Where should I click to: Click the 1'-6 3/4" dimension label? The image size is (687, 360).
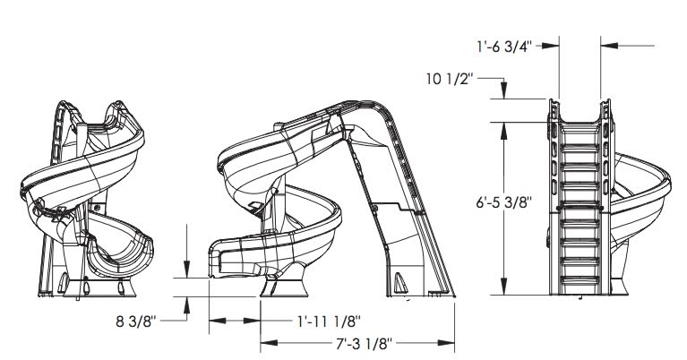pyautogui.click(x=504, y=47)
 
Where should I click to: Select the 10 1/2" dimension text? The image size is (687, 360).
pyautogui.click(x=450, y=79)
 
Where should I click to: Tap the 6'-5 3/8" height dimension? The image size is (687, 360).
pyautogui.click(x=504, y=202)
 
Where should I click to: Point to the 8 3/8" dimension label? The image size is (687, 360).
pyautogui.click(x=136, y=321)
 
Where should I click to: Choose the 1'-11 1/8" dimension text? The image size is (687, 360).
pyautogui.click(x=329, y=321)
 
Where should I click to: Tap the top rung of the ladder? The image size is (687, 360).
pyautogui.click(x=580, y=148)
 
